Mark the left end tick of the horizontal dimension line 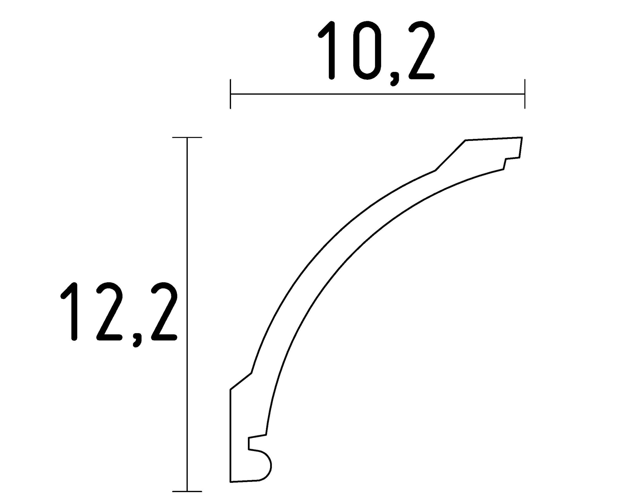click(x=230, y=94)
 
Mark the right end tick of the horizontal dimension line click(x=524, y=94)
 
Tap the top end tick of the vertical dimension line click(x=187, y=137)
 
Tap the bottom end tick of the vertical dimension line click(x=187, y=491)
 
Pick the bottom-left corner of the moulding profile click(x=231, y=482)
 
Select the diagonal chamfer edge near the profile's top click(x=450, y=155)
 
